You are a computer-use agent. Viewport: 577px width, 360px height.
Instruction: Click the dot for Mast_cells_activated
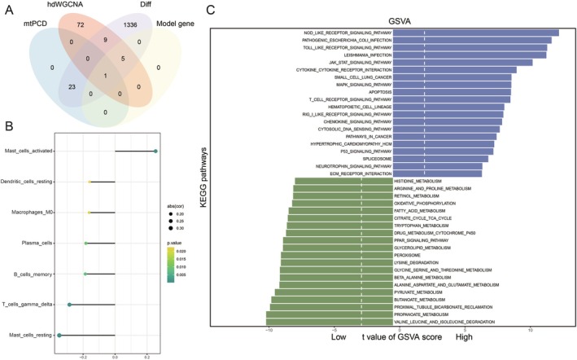click(156, 151)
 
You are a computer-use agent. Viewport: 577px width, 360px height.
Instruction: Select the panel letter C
click(211, 10)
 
